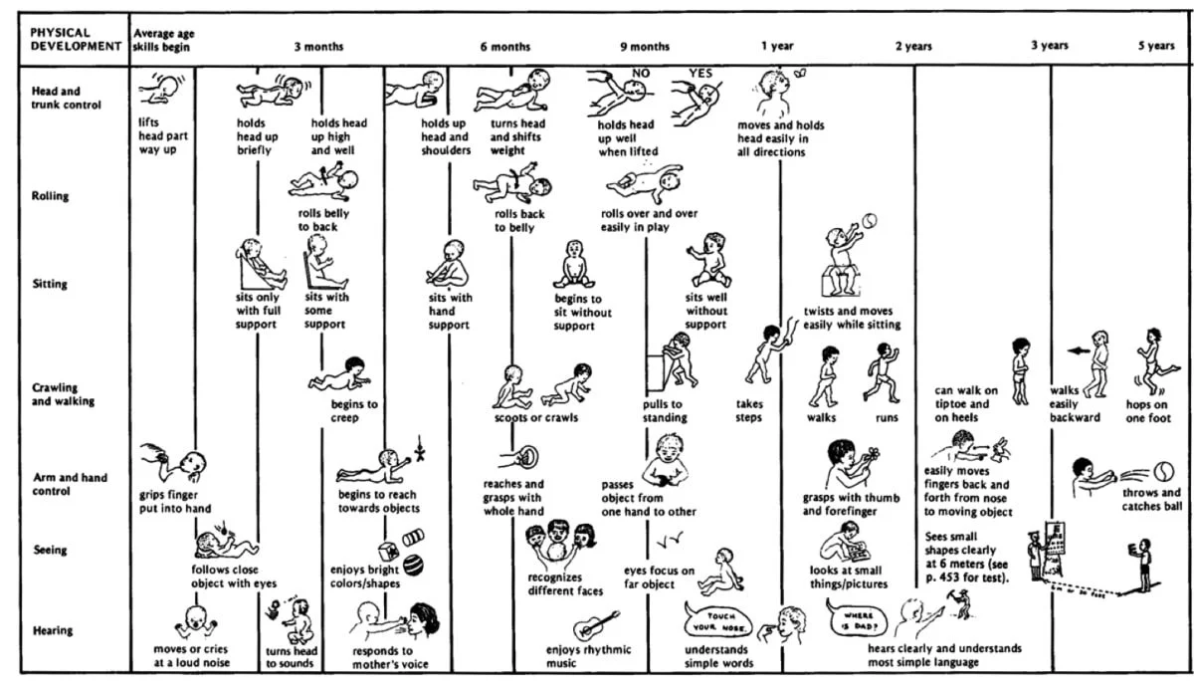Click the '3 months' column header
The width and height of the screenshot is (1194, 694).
318,47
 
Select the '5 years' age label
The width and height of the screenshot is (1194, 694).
1156,46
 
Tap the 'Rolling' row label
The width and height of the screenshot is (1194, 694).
50,196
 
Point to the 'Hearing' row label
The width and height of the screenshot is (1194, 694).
51,630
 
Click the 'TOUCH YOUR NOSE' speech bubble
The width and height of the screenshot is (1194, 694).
713,623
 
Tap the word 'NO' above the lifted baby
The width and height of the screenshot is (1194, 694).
642,73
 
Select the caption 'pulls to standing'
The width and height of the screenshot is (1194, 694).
663,411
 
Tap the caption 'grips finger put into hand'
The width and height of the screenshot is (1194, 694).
175,501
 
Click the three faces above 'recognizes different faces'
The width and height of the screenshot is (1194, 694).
560,543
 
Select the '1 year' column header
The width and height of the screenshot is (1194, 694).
777,47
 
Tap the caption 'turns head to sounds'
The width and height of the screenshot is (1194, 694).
292,657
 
